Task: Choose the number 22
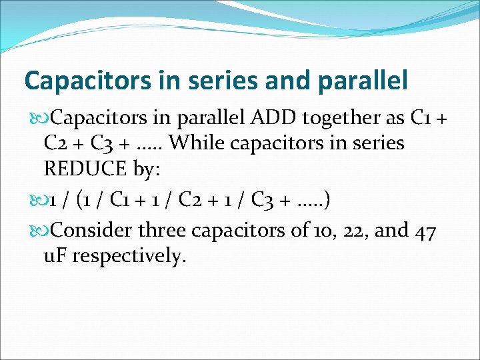point(355,231)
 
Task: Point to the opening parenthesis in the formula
point(80,199)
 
